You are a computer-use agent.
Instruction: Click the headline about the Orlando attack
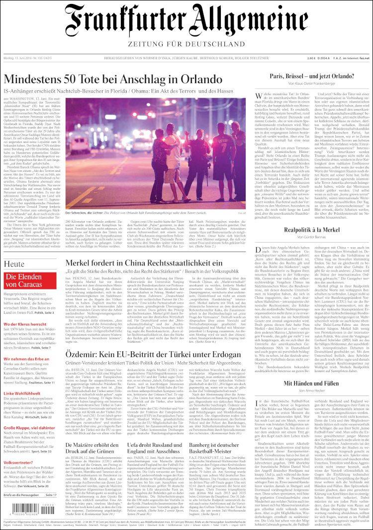(x=112, y=79)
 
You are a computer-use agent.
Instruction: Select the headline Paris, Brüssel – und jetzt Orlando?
(x=312, y=76)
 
